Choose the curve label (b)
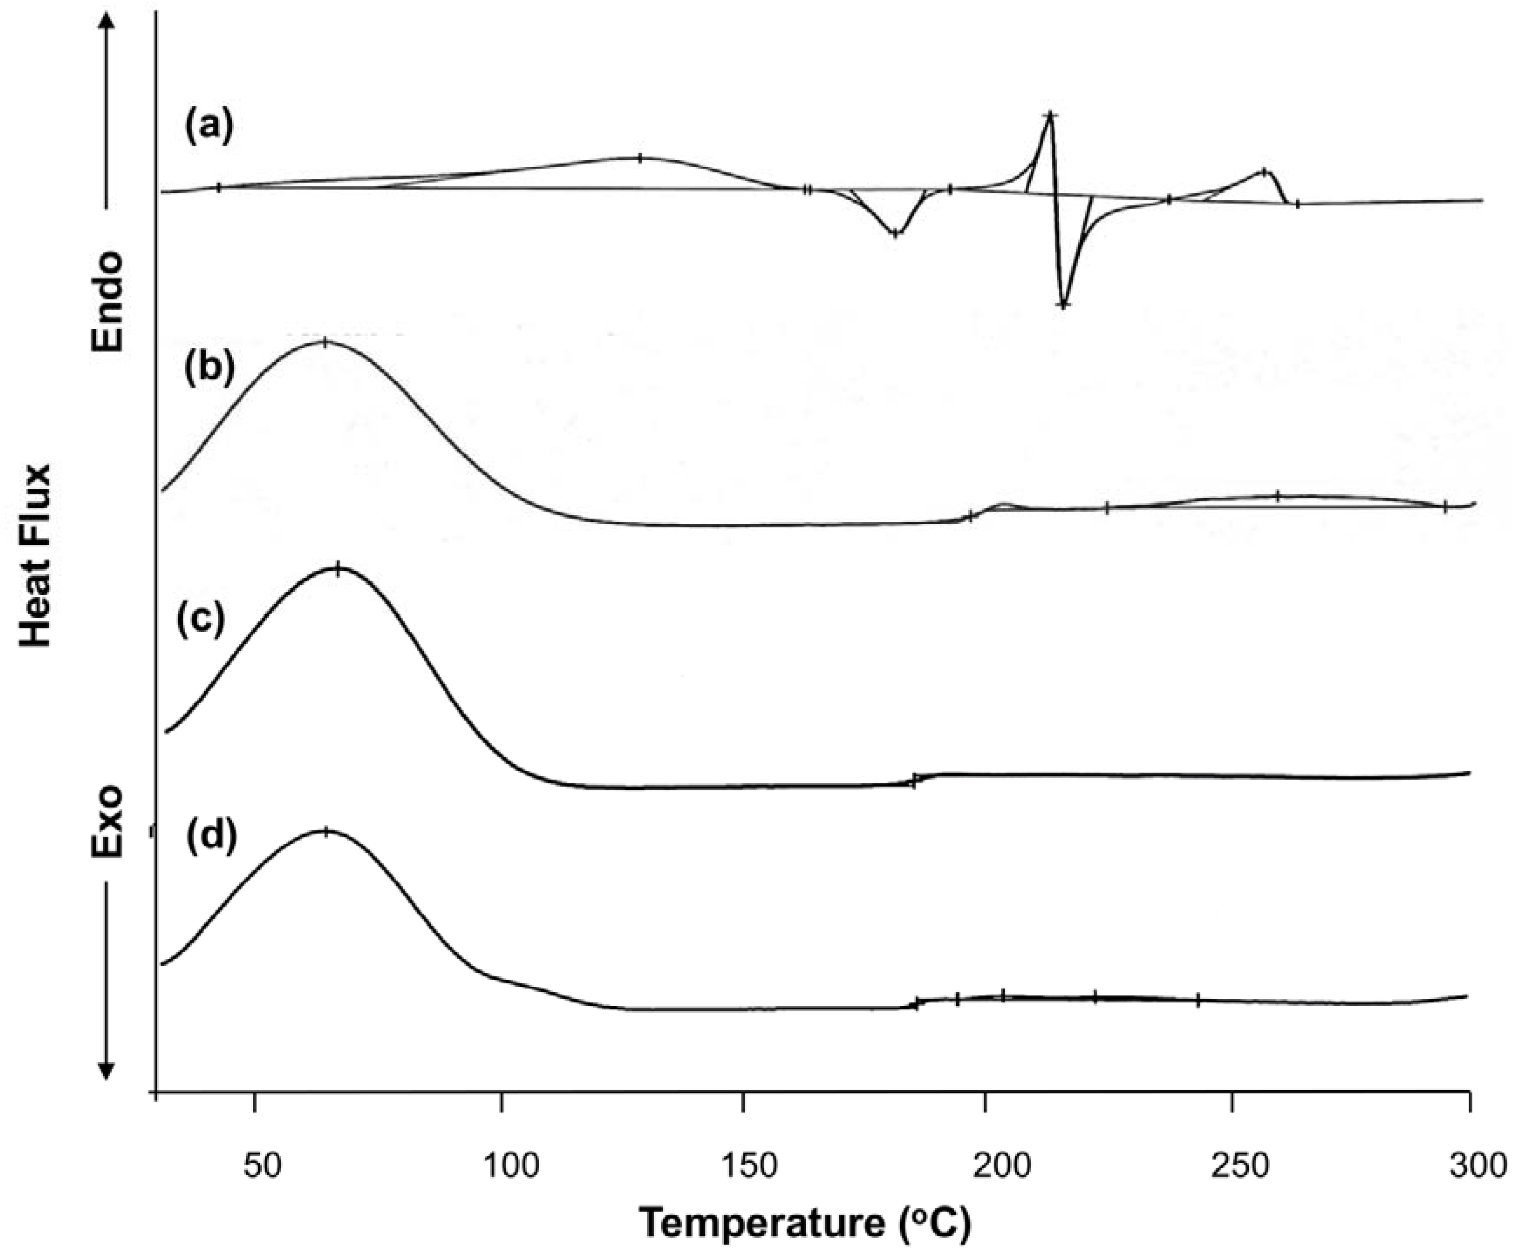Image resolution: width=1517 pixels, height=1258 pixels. pyautogui.click(x=209, y=368)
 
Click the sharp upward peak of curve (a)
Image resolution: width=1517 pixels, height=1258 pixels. pyautogui.click(x=1051, y=115)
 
